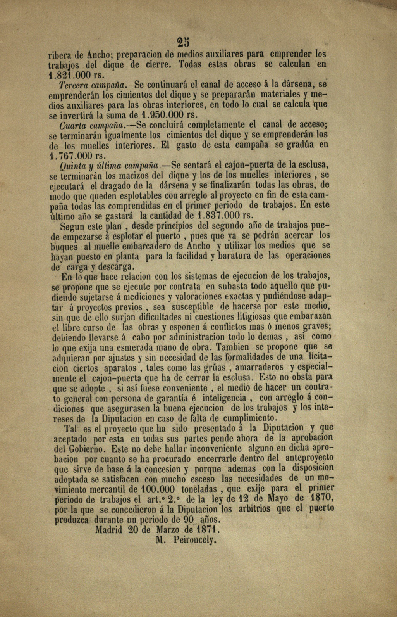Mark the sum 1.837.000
point(219,215)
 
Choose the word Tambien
point(232,347)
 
